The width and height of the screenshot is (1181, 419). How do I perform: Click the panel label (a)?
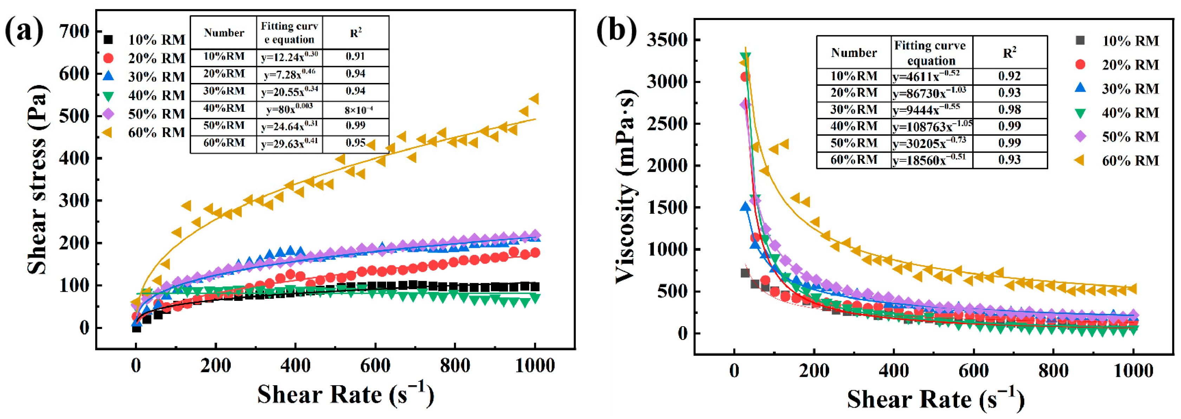(x=24, y=31)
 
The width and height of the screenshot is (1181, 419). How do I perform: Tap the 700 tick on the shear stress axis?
(x=74, y=32)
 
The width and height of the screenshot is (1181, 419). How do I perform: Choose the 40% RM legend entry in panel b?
(x=1130, y=113)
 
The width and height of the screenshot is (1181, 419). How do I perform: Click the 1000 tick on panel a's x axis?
(x=534, y=366)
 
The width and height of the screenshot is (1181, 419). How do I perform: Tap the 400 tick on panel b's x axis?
(x=894, y=370)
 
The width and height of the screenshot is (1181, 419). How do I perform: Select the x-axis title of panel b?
(x=935, y=399)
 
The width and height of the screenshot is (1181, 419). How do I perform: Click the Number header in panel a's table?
(x=224, y=33)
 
